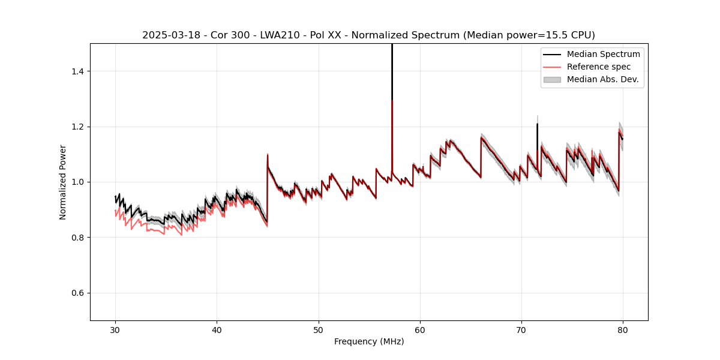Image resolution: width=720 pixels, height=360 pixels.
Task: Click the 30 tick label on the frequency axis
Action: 115,329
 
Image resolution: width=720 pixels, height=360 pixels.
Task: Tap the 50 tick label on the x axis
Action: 318,329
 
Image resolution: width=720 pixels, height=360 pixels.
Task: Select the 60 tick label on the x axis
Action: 419,329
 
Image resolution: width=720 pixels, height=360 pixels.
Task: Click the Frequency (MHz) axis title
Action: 369,341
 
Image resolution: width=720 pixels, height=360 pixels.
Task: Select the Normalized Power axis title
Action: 63,182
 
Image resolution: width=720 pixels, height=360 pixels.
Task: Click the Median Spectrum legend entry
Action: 603,54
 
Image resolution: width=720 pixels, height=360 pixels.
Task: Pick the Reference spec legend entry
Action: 598,67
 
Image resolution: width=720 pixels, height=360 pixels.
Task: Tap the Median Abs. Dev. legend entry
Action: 602,79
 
